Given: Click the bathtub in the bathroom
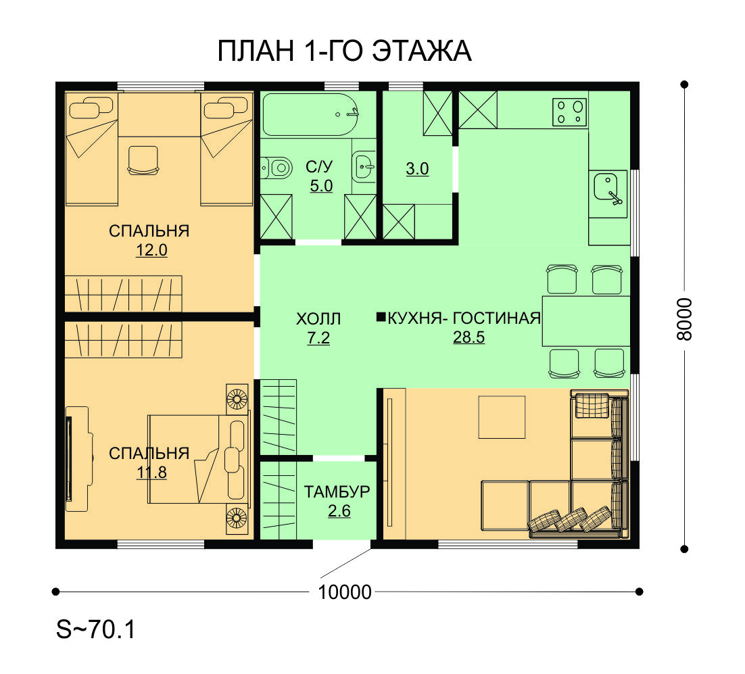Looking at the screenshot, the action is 310,114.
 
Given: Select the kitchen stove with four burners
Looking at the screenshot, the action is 569,112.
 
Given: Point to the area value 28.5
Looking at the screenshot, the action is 468,337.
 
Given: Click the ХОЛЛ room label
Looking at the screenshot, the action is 318,318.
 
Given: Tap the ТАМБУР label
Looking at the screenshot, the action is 337,492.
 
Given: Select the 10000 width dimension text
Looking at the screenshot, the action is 345,592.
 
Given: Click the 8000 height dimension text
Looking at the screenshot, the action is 684,319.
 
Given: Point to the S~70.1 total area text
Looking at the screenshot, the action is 96,629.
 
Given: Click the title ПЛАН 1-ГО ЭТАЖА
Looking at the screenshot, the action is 345,51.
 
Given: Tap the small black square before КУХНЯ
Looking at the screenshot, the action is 381,317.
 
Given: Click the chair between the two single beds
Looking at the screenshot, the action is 143,160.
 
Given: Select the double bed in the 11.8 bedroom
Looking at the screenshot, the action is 199,459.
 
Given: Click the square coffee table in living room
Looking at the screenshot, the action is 502,418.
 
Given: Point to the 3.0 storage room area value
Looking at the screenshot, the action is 417,169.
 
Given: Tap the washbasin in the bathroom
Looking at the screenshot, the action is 364,166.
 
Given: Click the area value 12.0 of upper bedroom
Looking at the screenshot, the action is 151,250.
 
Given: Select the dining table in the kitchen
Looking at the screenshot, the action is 586,320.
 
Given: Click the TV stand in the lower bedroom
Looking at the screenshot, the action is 76,459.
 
